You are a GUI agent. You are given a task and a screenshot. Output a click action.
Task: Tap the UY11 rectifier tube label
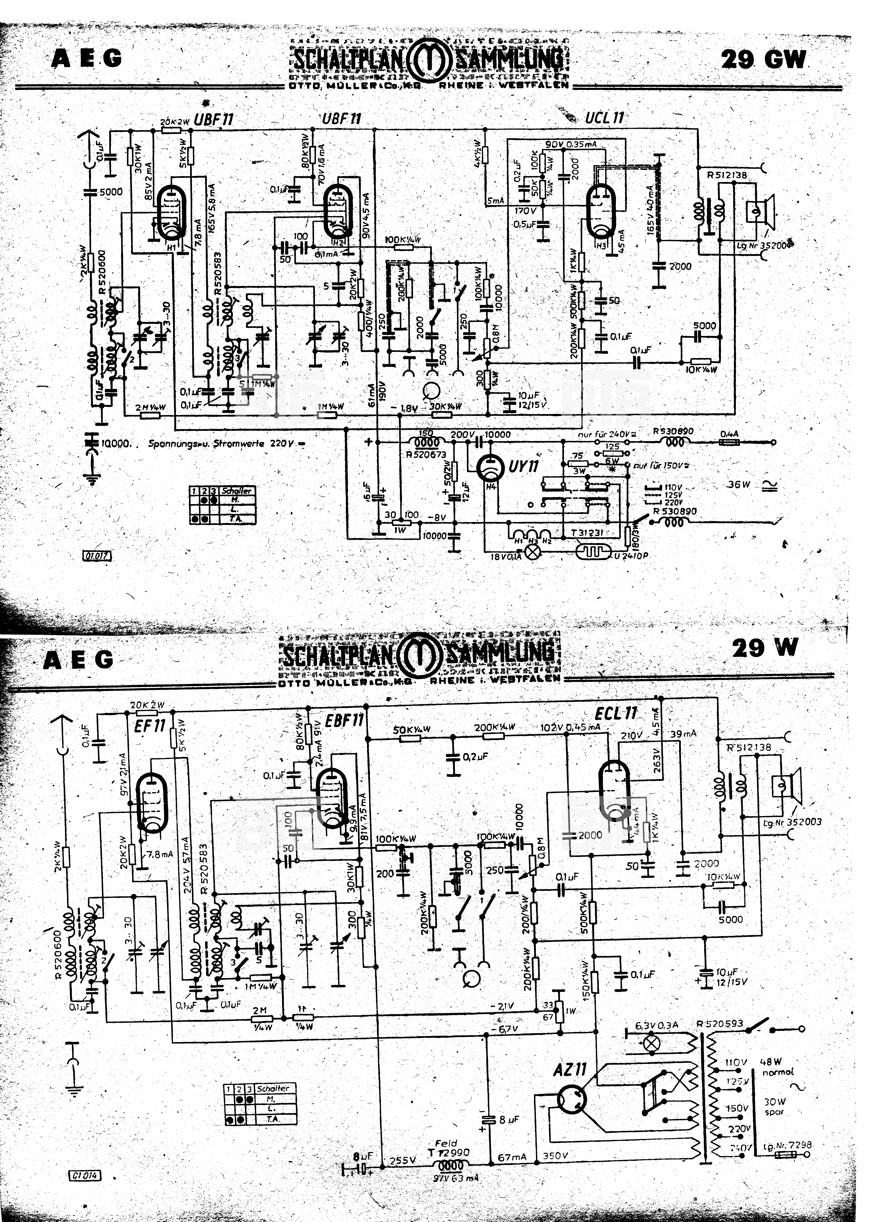523,466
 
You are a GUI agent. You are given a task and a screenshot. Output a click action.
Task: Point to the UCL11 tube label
605,117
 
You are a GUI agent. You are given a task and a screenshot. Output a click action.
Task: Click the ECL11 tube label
616,714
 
